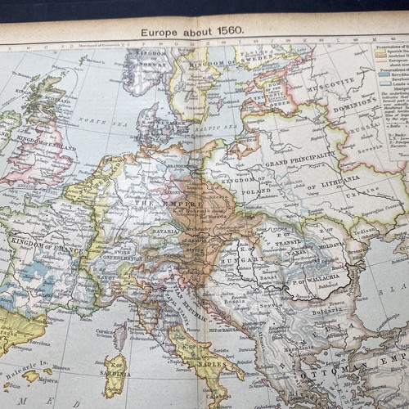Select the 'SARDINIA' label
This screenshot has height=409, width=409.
click(115, 393)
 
